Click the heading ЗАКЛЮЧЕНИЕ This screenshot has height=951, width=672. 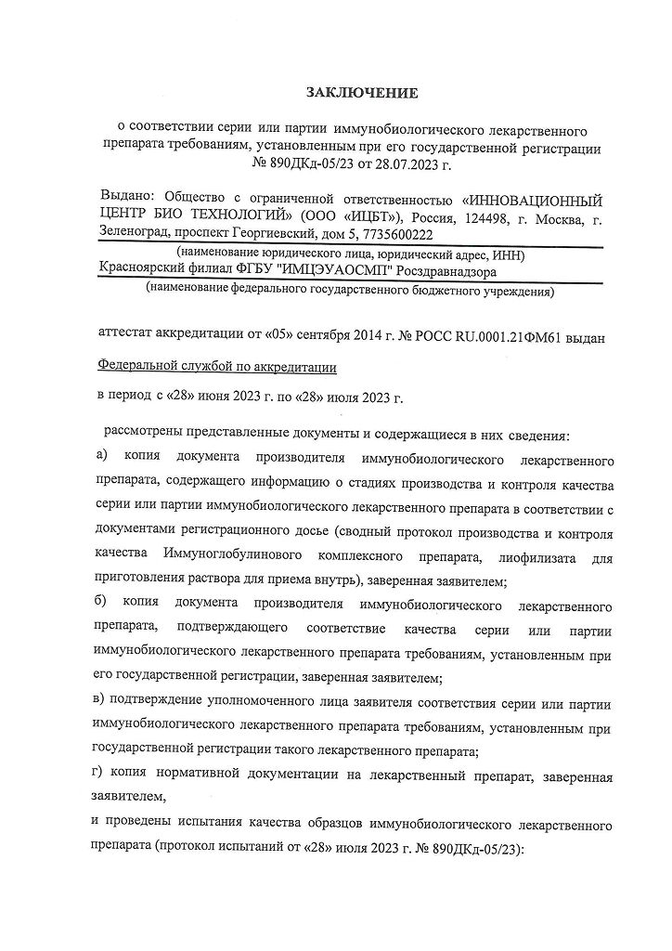click(x=363, y=93)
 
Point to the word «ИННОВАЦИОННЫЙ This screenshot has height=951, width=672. click(x=532, y=199)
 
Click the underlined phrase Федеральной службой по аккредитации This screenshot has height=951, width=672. click(x=217, y=368)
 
